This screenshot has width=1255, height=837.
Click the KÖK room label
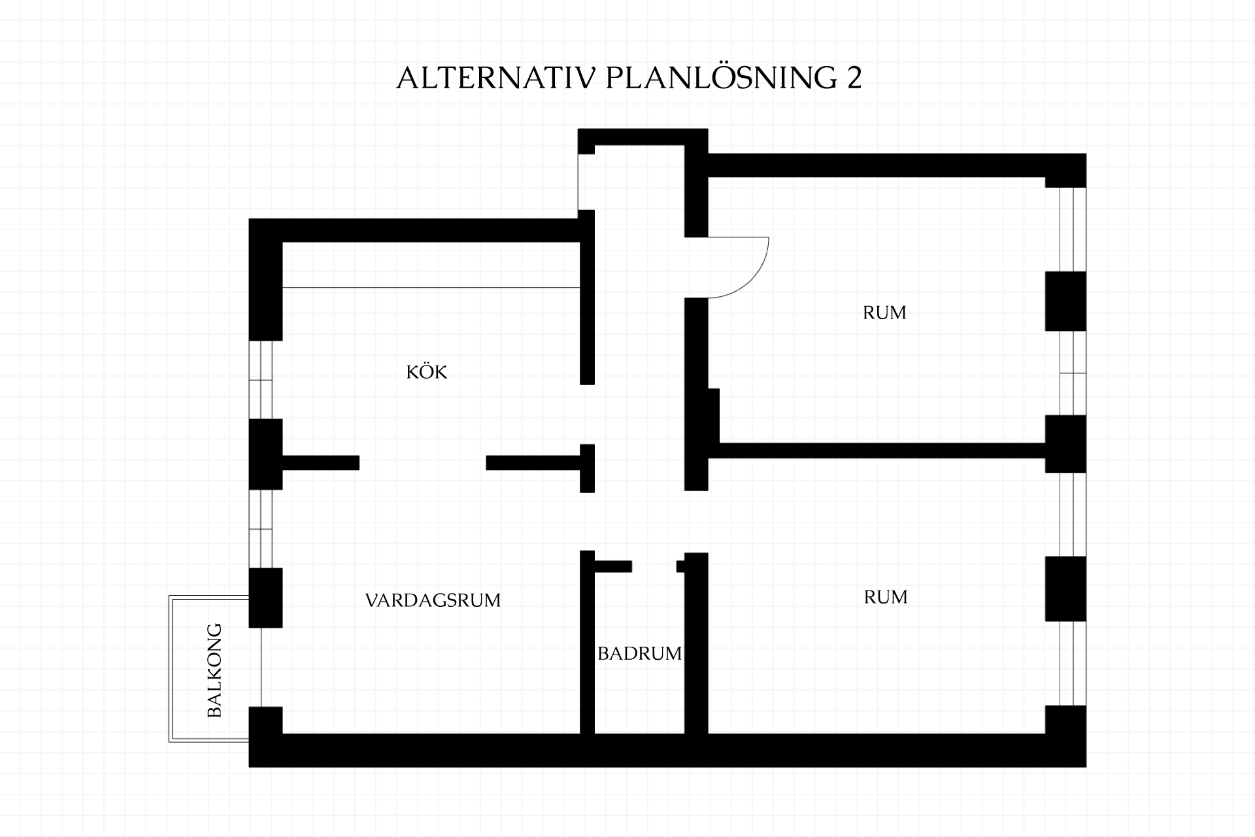pos(426,372)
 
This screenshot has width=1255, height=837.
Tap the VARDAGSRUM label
pos(433,600)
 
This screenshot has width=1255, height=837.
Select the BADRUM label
pos(639,653)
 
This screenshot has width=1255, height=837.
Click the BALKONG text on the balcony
pos(214,670)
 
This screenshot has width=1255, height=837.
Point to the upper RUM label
pos(884,313)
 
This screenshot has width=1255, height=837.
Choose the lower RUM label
pos(886,597)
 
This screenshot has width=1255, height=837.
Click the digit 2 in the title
pos(854,78)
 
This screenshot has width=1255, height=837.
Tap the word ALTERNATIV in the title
pos(496,78)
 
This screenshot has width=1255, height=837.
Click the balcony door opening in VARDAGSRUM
pos(261,667)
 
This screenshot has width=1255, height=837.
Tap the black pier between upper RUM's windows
pos(1065,301)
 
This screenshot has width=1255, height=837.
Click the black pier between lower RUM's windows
pos(1065,589)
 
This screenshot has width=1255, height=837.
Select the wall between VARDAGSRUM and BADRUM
pos(588,642)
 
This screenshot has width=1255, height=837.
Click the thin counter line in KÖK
pos(431,288)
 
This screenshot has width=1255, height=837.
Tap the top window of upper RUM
pos(1073,230)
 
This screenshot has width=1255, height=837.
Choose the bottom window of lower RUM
pos(1073,664)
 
